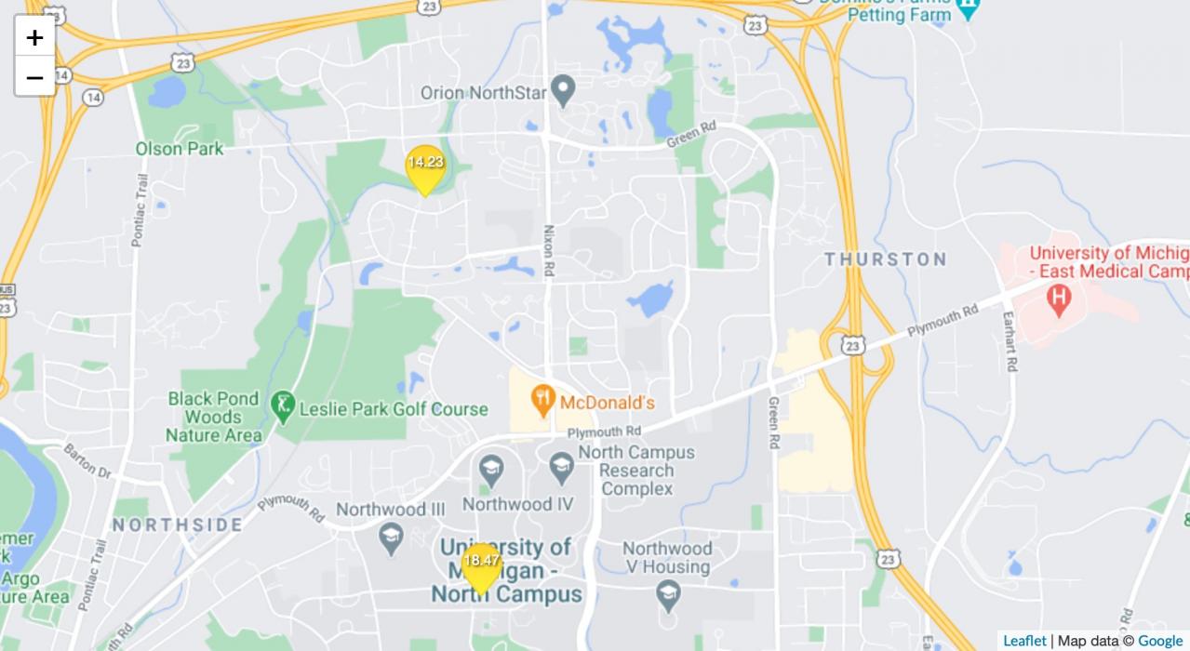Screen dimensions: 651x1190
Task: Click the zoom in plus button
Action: pos(34,37)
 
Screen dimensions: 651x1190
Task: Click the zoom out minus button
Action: pos(34,77)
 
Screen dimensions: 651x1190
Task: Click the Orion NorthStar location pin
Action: pos(562,91)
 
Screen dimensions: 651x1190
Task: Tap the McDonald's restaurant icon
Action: pos(542,402)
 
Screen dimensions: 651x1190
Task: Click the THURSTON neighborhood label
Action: pos(885,259)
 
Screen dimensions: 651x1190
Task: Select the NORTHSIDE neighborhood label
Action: pos(178,525)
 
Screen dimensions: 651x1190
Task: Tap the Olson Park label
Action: pos(180,149)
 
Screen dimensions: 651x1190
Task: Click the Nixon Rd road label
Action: pos(549,250)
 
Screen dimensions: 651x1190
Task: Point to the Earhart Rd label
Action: pos(1010,340)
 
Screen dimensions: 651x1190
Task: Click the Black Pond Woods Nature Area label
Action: pos(213,417)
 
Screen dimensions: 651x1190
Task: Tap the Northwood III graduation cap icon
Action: pos(391,537)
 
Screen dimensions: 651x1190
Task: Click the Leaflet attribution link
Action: pos(1024,641)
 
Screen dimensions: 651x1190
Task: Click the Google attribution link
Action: pos(1160,641)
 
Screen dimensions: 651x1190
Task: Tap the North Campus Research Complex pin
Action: pos(561,468)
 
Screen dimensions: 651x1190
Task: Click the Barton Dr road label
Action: pos(87,461)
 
